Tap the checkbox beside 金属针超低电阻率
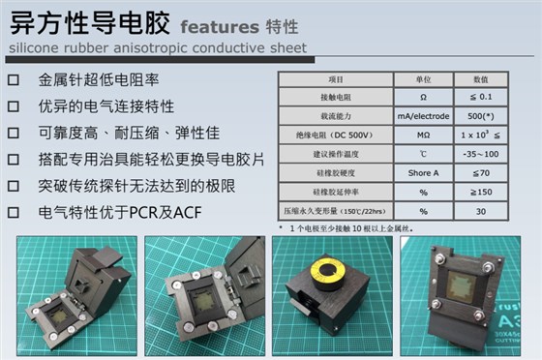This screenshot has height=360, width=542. (x=14, y=81)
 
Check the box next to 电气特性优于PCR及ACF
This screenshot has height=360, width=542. (x=14, y=210)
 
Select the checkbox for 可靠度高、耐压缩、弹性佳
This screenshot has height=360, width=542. (x=14, y=133)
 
